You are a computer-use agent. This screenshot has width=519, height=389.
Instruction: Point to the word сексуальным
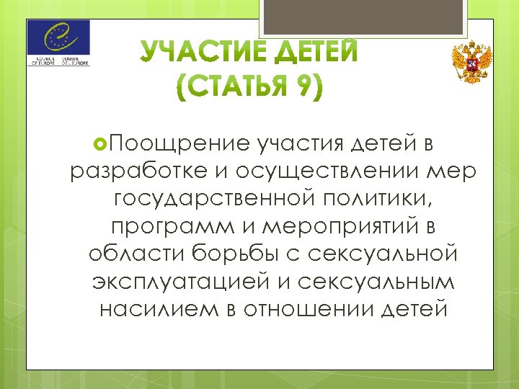pos(371,281)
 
